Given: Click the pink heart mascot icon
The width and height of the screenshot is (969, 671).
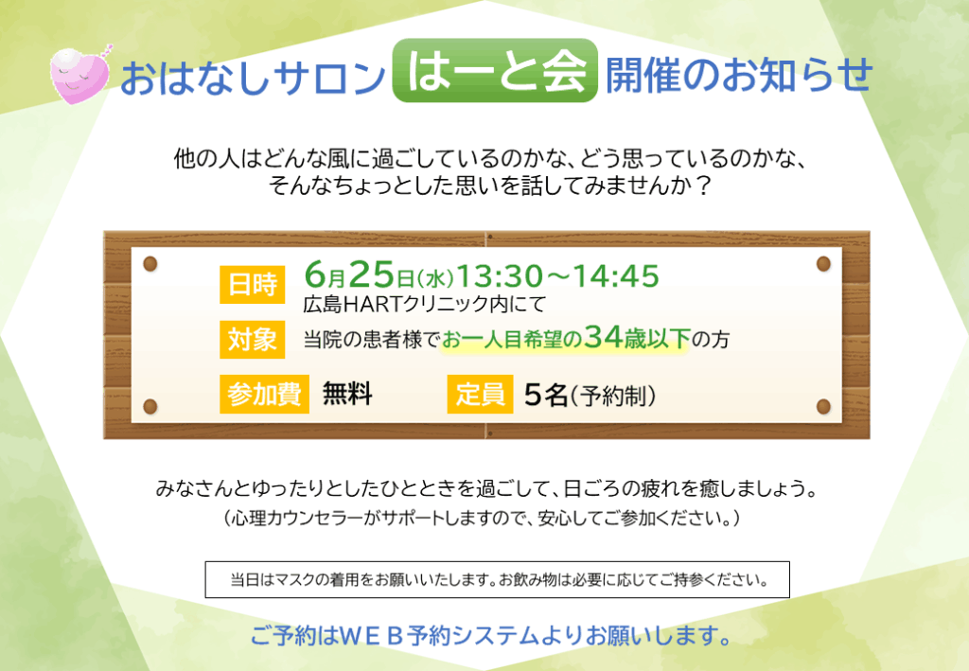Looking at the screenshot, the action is [x=80, y=75].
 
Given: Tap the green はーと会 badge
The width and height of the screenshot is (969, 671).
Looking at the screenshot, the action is [x=495, y=71].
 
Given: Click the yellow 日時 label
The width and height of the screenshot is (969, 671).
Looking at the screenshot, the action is [x=252, y=285].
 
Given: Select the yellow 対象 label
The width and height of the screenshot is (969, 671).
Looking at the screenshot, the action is [x=252, y=339].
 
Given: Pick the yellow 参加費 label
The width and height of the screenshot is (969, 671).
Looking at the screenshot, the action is [x=265, y=395].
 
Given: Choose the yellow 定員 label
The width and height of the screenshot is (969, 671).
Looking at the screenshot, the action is [x=480, y=395].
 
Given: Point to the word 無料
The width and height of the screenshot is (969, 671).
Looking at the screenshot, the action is [x=347, y=394].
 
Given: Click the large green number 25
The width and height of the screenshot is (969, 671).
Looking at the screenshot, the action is [x=372, y=274].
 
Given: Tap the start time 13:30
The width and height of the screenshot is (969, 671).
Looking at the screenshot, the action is [x=500, y=276].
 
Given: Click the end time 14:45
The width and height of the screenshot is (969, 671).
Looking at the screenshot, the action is [x=615, y=276].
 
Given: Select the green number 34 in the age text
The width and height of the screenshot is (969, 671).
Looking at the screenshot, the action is [x=603, y=337].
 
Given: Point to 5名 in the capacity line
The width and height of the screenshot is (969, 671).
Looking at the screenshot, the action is [x=546, y=395].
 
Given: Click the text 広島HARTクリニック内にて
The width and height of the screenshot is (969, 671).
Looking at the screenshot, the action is [x=425, y=304].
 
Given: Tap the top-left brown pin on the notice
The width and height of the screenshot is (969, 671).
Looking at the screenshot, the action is [x=150, y=264].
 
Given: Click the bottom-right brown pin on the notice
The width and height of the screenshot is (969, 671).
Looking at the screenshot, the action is [x=823, y=407].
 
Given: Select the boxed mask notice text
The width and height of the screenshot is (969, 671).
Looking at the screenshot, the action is [x=498, y=579].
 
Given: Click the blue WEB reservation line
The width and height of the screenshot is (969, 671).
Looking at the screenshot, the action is [x=491, y=635].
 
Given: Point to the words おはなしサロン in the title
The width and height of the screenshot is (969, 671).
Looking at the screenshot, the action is [x=253, y=78].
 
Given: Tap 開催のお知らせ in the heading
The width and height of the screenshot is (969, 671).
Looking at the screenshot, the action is [x=739, y=75].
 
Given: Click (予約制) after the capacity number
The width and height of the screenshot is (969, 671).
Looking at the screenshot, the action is [x=613, y=396].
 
